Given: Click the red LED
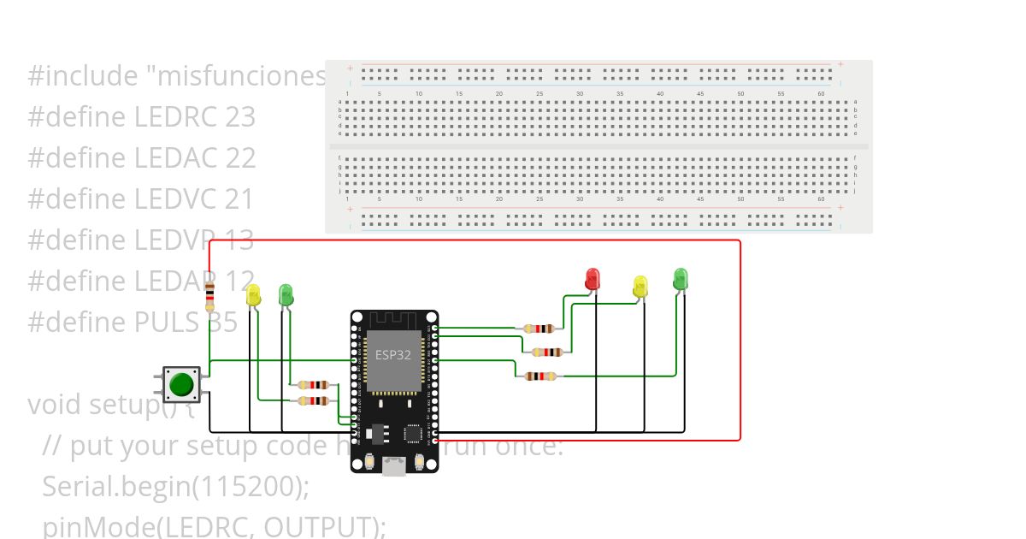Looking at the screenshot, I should [x=592, y=279].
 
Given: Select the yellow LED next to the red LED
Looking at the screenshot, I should [x=640, y=287].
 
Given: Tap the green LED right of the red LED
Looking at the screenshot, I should [x=680, y=278].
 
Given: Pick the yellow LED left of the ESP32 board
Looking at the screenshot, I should [x=253, y=296].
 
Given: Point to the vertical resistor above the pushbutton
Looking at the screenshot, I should [x=209, y=296].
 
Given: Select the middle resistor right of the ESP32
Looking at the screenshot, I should [x=547, y=352].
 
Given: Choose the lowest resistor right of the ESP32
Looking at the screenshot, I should [x=540, y=376].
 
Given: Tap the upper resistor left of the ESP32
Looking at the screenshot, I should [x=314, y=385].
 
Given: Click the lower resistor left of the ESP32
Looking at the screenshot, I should [x=314, y=400].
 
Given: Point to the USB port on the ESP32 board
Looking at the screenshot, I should [x=394, y=465].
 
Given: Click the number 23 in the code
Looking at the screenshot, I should [x=240, y=117].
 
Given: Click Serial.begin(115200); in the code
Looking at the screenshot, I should [x=175, y=486].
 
